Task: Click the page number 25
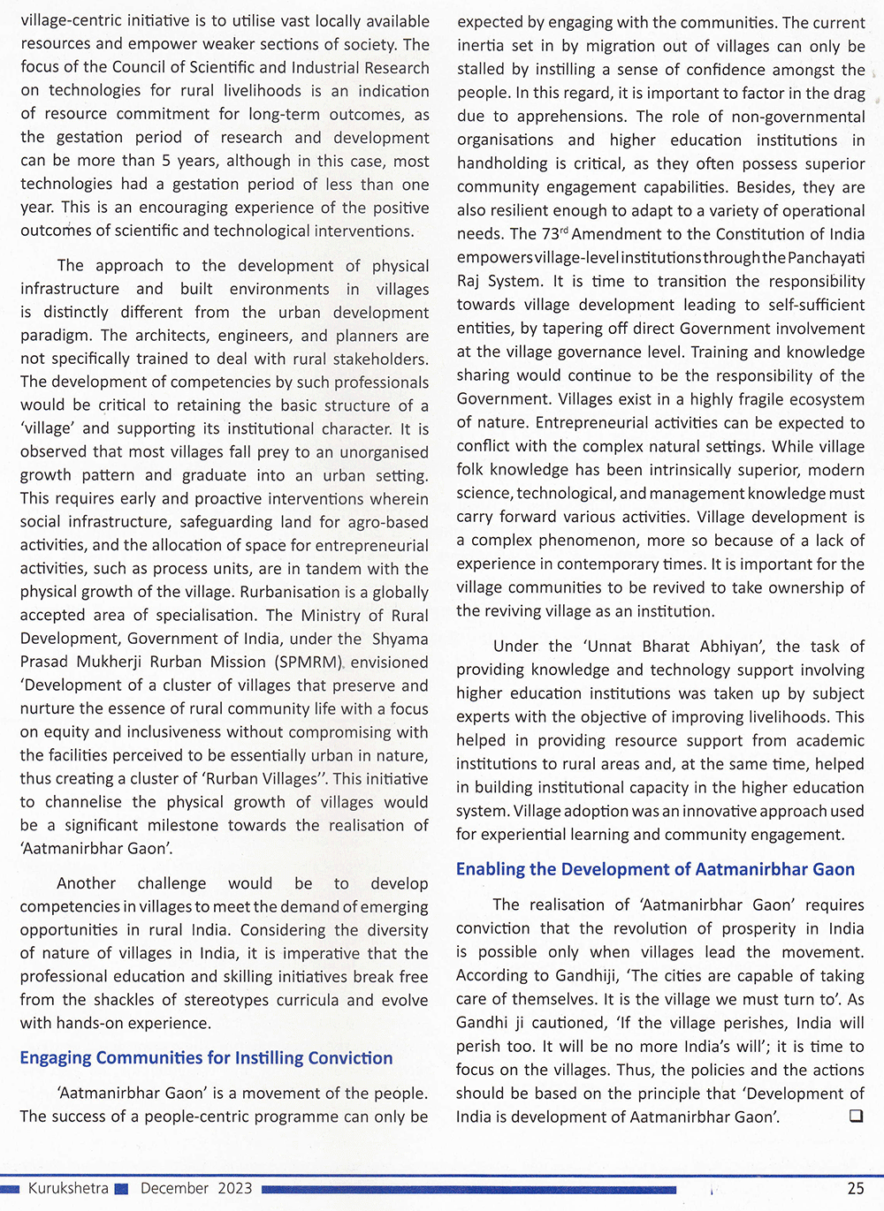[x=855, y=1188]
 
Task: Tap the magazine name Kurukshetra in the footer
[x=68, y=1188]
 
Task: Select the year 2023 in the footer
[x=235, y=1188]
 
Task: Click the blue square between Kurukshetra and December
[x=122, y=1189]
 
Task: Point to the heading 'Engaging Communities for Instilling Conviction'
[x=206, y=1057]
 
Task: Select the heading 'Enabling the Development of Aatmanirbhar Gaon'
[x=655, y=869]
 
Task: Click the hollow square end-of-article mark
[x=855, y=1116]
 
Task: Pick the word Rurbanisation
[x=291, y=592]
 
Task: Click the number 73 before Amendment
[x=550, y=234]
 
